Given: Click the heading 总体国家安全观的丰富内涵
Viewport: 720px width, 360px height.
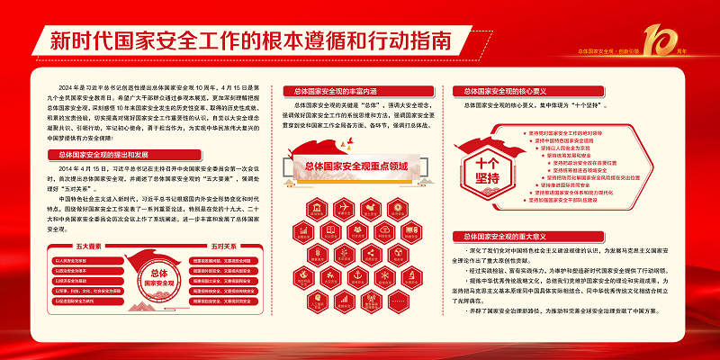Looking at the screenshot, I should coord(337,91).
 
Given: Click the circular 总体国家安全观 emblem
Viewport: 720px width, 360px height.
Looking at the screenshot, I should coord(159,275).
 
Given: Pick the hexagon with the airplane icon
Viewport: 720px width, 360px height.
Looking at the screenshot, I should coord(344,210).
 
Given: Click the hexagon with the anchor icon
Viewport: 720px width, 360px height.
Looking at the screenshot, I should coord(357,278).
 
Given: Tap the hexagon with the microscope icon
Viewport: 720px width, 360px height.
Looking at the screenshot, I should coord(412,276).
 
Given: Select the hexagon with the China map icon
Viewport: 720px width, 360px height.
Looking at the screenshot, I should coord(371,210).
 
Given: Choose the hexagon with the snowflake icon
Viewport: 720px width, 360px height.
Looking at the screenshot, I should coord(384,278).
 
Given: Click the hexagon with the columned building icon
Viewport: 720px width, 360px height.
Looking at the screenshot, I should coord(317,210).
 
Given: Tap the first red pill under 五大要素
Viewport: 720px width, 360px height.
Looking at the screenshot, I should coord(87,260).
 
